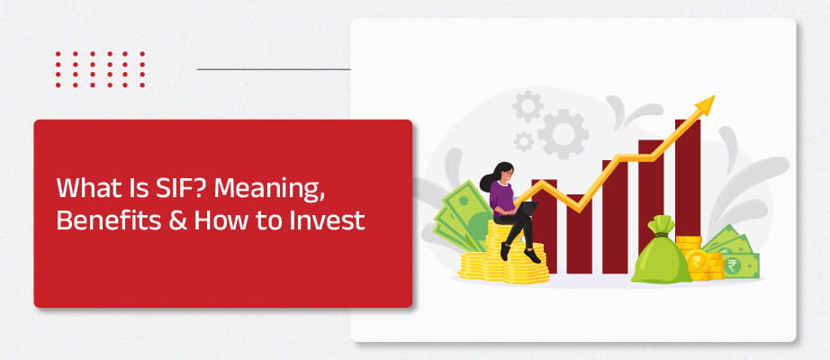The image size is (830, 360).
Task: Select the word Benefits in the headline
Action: click(105, 220)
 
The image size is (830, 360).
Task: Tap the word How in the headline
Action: click(218, 220)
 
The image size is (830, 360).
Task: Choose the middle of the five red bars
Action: click(615, 217)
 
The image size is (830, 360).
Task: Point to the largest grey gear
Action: click(564, 134)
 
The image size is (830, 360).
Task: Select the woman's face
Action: click(506, 173)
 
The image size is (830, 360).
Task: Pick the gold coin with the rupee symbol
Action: click(699, 262)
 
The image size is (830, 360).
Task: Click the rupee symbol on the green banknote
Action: click(732, 265)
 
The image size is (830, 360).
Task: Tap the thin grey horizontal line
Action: click(274, 69)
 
